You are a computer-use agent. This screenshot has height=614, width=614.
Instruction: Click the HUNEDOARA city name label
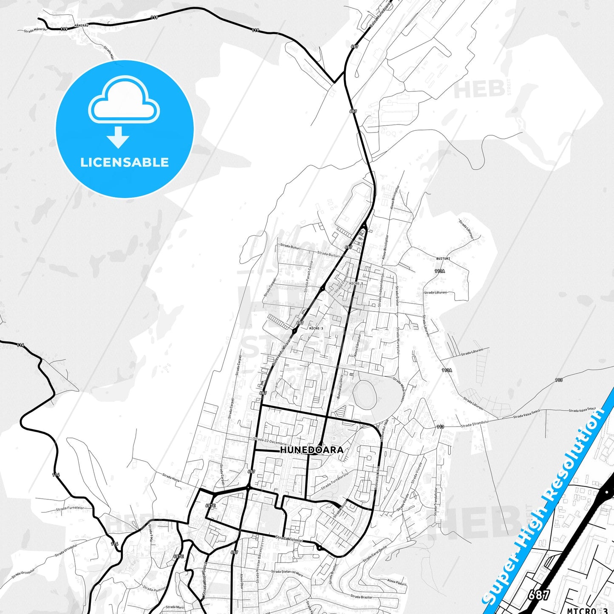tap(311, 450)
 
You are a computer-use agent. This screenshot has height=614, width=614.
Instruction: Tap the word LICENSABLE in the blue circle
tap(124, 162)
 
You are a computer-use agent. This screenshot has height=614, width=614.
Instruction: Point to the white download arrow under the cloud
tap(118, 137)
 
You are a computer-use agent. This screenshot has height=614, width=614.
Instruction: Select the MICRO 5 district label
tap(356, 283)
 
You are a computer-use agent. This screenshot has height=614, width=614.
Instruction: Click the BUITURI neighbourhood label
tap(443, 258)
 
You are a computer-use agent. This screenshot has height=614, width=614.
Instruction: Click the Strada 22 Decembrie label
tap(269, 441)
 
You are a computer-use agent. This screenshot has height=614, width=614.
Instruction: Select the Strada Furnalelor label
tap(70, 508)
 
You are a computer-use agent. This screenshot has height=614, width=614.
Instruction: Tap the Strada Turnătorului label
tap(335, 480)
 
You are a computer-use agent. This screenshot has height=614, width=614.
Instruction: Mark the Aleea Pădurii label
tap(396, 583)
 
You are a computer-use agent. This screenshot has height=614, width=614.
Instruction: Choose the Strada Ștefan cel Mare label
tap(287, 573)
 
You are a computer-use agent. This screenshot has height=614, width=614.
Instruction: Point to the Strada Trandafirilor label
tap(436, 501)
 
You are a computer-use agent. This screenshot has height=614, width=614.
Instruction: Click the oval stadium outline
tap(365, 393)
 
